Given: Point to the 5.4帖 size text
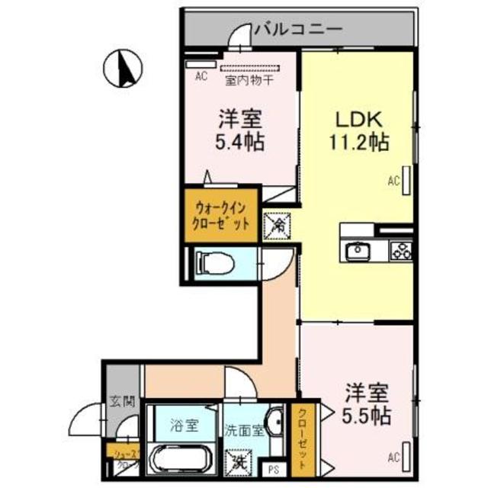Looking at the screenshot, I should [240, 141].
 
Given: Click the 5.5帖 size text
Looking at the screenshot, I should [368, 417].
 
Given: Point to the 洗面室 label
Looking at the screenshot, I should [246, 429].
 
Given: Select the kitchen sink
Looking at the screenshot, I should [358, 251].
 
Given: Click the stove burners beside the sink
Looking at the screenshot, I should [400, 250].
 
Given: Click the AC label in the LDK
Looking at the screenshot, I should [394, 181].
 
